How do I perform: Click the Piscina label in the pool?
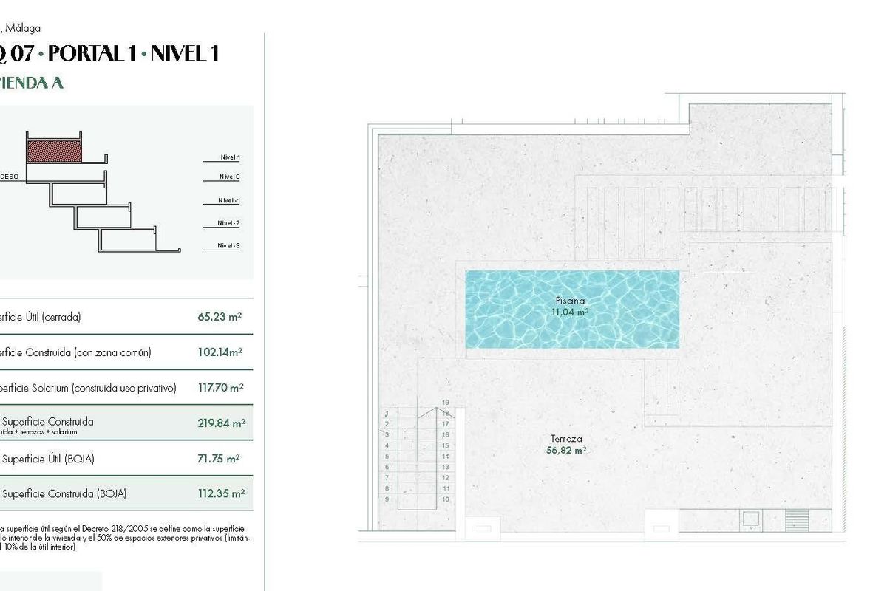click(570, 301)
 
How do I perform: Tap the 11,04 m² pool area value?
click(570, 312)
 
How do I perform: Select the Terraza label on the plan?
click(567, 439)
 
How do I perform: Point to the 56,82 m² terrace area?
click(567, 450)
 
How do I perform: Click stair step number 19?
click(446, 403)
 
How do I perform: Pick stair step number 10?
click(446, 499)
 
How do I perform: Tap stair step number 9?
click(387, 499)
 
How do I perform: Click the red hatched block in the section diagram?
click(54, 151)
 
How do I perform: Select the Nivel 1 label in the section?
click(230, 157)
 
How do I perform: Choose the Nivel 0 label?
click(229, 177)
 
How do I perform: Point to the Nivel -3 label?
click(228, 246)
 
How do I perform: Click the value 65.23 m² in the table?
click(220, 317)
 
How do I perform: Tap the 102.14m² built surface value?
click(220, 352)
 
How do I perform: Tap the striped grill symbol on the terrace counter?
click(797, 517)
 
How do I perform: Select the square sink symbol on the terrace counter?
click(751, 519)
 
